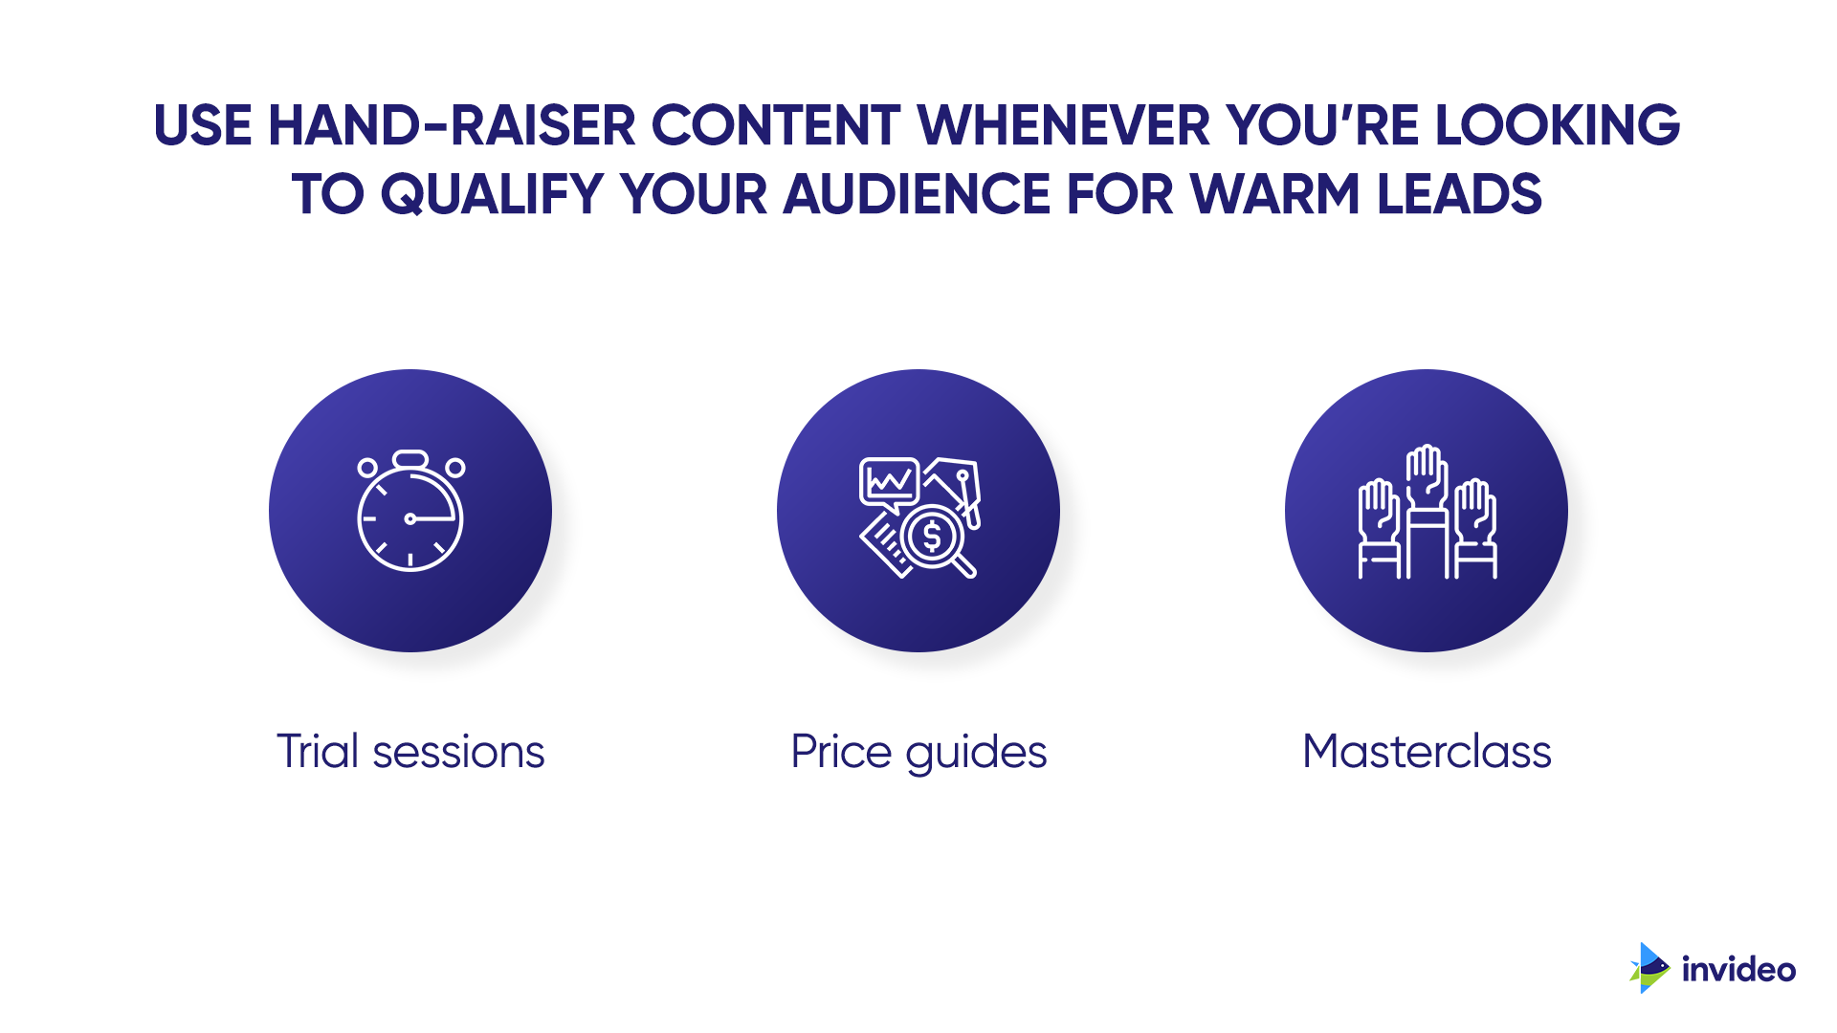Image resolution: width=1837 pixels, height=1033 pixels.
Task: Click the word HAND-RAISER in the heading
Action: [452, 125]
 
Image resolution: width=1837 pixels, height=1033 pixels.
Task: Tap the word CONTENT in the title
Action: [776, 125]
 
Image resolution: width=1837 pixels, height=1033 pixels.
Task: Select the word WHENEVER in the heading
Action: [1064, 125]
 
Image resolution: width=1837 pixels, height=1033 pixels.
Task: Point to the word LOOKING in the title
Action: [1558, 125]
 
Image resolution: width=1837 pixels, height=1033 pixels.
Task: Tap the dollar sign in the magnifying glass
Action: [932, 537]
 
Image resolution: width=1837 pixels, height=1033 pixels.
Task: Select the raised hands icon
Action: [1427, 512]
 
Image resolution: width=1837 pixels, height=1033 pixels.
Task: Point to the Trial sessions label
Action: [410, 752]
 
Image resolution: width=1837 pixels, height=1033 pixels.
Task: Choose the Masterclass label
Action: [1427, 752]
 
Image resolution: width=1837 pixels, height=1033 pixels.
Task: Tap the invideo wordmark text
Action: [1738, 970]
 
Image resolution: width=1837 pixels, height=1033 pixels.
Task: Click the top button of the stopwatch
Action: [410, 459]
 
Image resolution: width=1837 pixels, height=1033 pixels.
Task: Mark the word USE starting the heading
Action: [203, 125]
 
